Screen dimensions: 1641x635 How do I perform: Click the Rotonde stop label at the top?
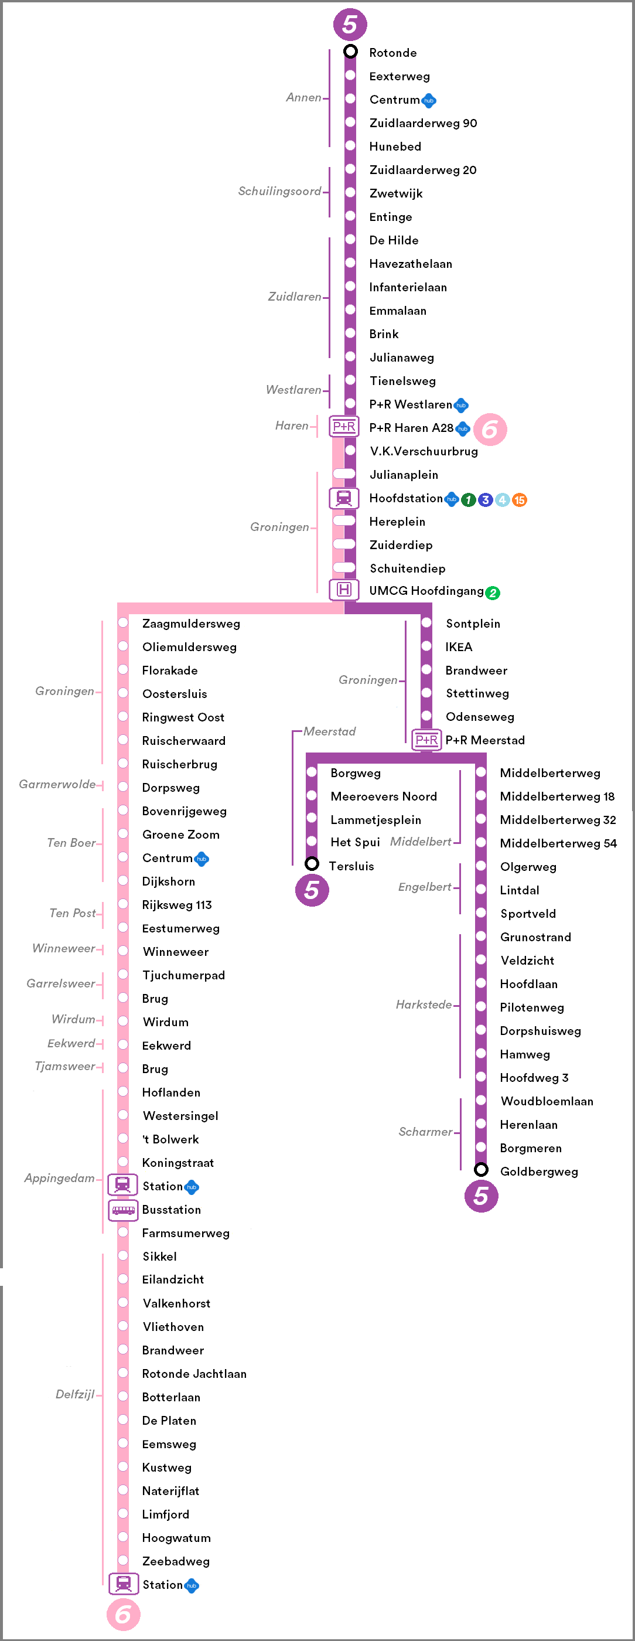tap(392, 53)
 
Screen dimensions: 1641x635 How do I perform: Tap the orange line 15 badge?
tap(520, 500)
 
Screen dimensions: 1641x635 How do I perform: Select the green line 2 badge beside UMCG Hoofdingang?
tap(492, 593)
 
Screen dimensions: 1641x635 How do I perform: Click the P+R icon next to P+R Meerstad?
tap(426, 740)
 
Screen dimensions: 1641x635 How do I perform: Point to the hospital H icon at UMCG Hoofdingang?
tap(344, 590)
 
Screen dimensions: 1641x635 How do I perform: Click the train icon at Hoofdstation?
tap(344, 498)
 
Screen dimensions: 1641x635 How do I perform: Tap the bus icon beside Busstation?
tap(123, 1210)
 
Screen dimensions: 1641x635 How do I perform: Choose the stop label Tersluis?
tap(351, 866)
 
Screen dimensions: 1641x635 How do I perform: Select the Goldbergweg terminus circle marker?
tap(482, 1170)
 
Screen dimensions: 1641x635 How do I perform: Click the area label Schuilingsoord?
tap(279, 191)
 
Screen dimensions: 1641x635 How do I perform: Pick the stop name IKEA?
tap(459, 647)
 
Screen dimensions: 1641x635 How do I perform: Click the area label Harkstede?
tap(424, 1005)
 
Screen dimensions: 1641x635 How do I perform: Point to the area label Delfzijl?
tap(74, 1394)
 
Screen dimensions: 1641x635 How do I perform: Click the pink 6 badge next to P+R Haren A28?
tap(490, 430)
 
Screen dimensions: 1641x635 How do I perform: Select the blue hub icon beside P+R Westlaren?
tap(461, 405)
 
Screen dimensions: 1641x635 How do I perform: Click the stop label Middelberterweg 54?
tap(558, 843)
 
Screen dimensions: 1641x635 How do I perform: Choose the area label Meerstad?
tap(329, 731)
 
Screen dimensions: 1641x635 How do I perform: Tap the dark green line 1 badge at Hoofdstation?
tap(468, 500)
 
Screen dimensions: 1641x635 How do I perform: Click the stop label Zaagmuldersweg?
tap(191, 624)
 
